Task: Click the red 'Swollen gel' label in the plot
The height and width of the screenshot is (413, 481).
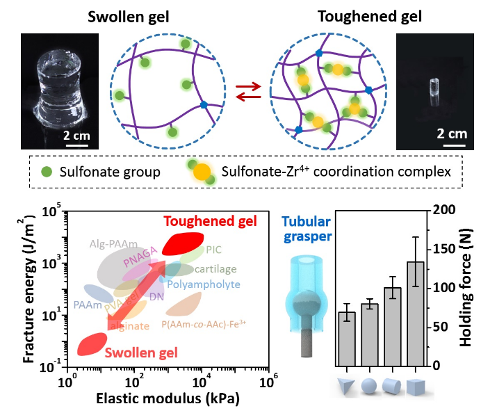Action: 141,353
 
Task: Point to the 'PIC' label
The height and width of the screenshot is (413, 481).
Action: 213,249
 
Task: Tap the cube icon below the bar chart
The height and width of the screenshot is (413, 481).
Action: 416,386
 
